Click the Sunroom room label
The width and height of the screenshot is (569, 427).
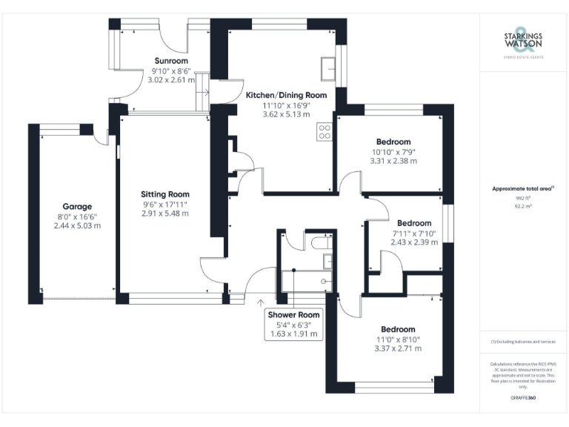[x=171, y=61]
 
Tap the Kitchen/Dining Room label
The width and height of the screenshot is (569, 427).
[x=286, y=96]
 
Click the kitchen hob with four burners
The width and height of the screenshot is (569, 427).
[x=325, y=131]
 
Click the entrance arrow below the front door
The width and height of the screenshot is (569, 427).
[x=260, y=302]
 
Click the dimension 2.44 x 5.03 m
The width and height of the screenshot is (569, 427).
[x=77, y=225]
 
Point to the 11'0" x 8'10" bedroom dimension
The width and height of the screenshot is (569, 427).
[x=398, y=339]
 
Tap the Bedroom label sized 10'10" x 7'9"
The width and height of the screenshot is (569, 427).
[x=393, y=142]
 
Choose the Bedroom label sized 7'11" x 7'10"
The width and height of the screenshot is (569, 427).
[x=414, y=223]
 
